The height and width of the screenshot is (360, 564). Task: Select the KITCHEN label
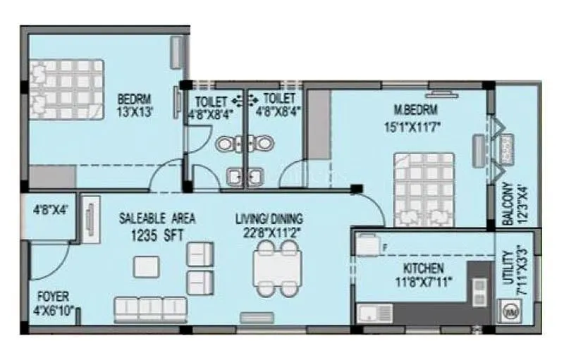(423, 268)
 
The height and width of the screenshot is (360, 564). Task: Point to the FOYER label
(53, 297)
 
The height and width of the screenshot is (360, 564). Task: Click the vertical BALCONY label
(507, 204)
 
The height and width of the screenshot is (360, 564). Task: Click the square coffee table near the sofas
(147, 266)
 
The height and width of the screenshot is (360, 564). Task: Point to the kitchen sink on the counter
(372, 312)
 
